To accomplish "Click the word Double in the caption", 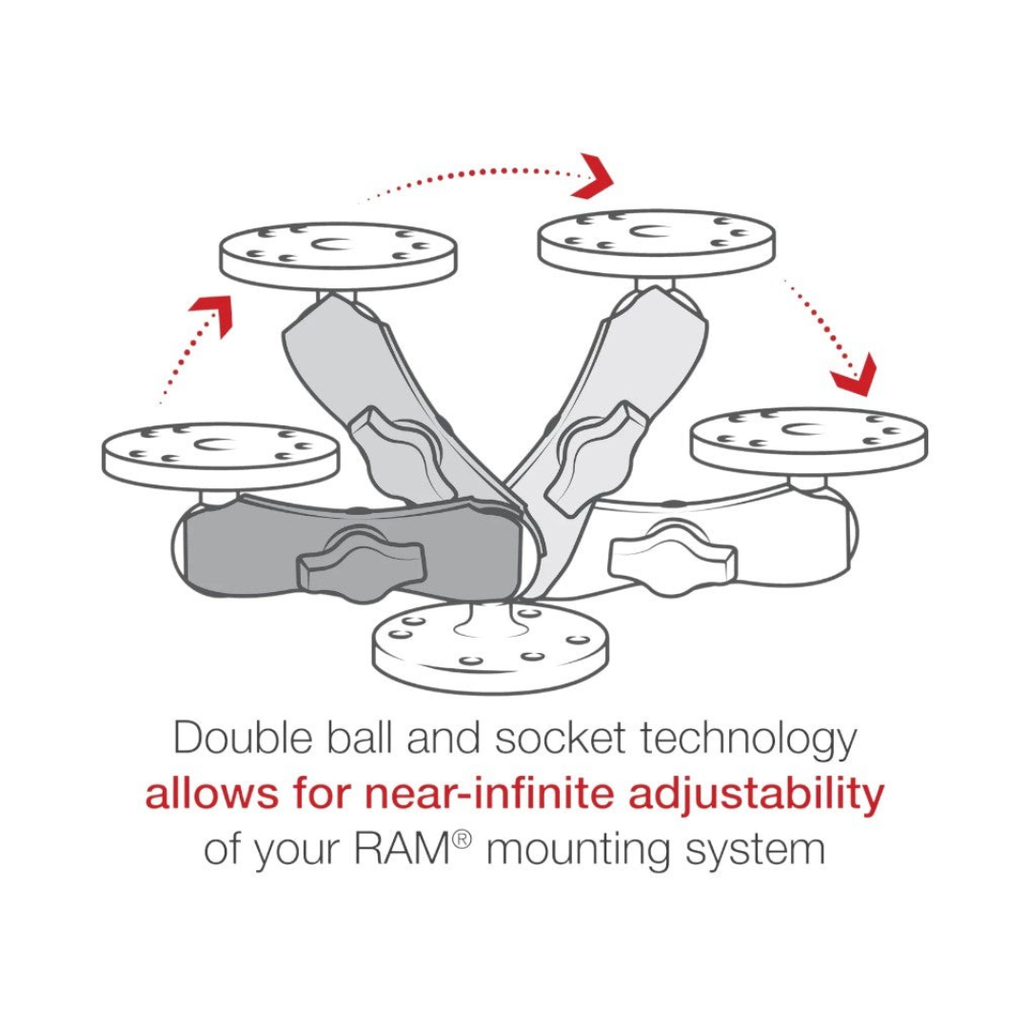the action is point(243,739).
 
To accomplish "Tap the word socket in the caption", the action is point(560,739).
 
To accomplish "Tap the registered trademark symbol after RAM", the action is point(462,840).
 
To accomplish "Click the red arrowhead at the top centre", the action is point(591,176).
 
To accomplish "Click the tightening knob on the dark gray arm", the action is point(362,561).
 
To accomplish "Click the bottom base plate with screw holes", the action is point(490,646).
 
